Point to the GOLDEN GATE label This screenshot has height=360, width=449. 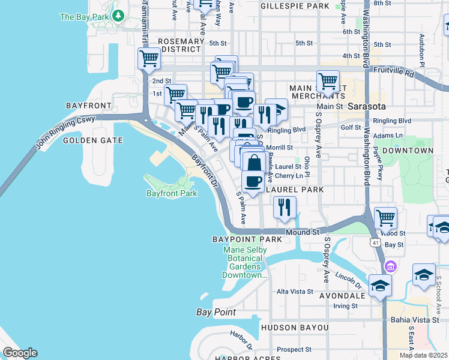pos(93,140)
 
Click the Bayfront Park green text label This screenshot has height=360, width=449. pos(172,194)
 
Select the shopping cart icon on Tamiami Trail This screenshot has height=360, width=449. pos(149,59)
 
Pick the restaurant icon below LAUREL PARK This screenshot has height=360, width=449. pos(285,207)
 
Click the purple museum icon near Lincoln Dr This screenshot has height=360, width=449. pos(391,266)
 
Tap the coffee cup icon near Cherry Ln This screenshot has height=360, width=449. pos(253,181)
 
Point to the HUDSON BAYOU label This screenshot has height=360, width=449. pos(295,328)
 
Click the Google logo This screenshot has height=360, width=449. pos(20,353)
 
